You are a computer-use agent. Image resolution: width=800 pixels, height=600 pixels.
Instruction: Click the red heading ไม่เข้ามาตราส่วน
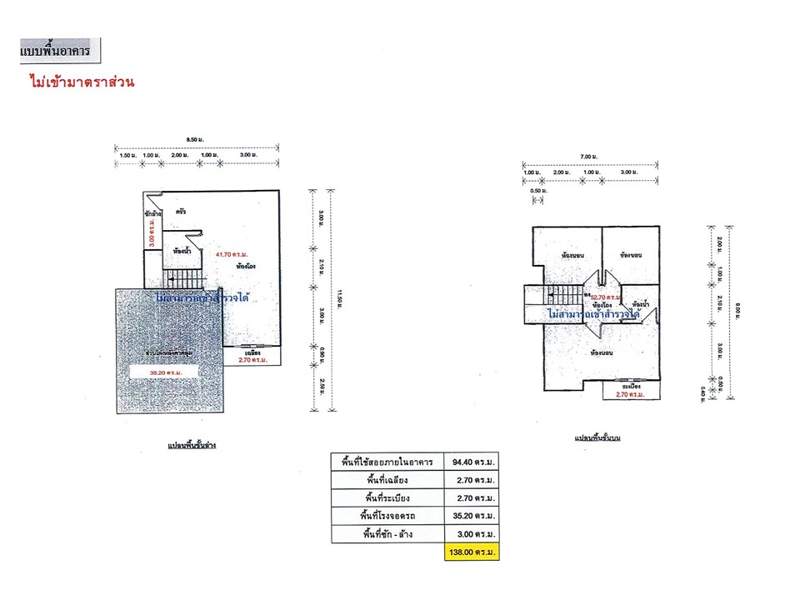click(x=81, y=83)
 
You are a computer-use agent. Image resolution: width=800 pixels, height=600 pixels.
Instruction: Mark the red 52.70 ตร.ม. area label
click(x=606, y=297)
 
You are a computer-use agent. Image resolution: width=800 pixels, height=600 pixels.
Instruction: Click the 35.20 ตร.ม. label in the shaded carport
click(x=166, y=372)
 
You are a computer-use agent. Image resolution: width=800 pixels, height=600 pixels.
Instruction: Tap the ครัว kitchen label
click(x=180, y=212)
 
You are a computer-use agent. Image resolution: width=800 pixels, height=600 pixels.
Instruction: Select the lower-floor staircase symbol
click(x=182, y=279)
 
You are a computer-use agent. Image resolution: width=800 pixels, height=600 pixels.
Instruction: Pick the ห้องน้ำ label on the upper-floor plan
click(x=641, y=304)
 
